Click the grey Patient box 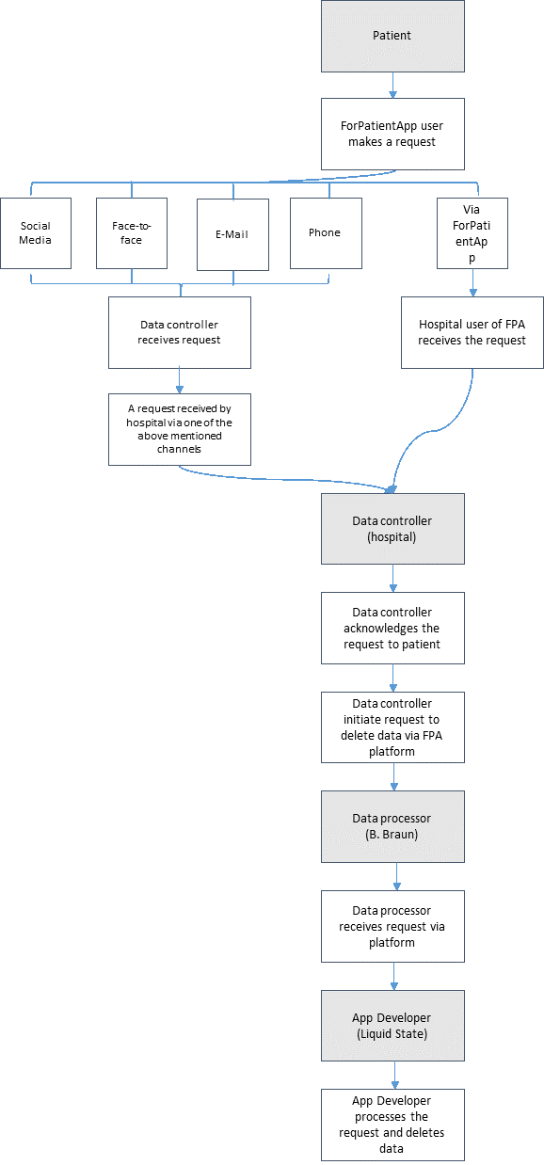(392, 36)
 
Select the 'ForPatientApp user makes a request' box (392, 134)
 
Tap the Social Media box (36, 233)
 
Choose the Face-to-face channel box (132, 233)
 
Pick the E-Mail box (233, 234)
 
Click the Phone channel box (326, 233)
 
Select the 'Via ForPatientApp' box (472, 233)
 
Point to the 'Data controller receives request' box (180, 332)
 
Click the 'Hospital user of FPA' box (472, 332)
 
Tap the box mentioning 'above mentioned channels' (180, 429)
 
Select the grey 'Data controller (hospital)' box (392, 529)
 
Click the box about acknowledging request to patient (392, 628)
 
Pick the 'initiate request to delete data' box (392, 727)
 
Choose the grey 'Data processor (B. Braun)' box (392, 826)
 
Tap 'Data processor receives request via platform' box (392, 926)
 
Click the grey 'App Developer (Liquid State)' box (392, 1026)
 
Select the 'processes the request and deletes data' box (392, 1125)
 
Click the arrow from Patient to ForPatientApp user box (392, 86)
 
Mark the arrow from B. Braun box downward (397, 876)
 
